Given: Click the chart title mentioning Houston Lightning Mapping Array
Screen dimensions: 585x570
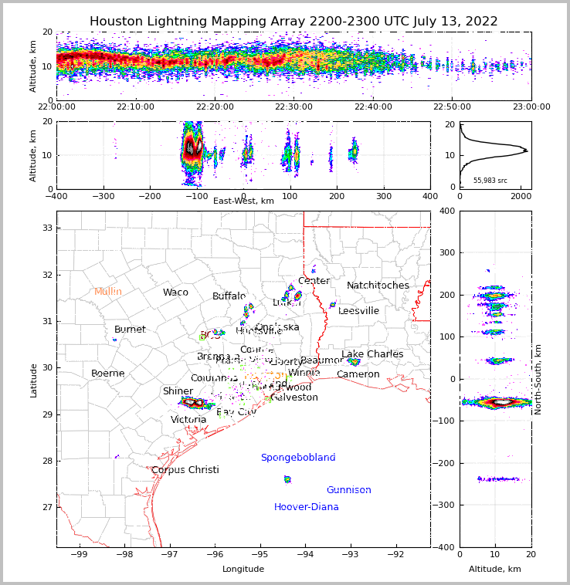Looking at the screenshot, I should (x=293, y=22).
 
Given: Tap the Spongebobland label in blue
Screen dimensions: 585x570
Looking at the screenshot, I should (x=298, y=458).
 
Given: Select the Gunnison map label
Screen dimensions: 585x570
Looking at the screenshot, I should (x=348, y=490).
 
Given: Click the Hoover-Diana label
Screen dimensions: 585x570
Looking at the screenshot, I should (x=307, y=507).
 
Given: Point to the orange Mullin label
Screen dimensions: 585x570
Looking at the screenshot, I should (x=108, y=292).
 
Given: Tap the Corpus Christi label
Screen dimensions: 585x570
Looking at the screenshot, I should (x=185, y=470).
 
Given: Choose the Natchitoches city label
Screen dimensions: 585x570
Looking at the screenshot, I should (x=378, y=286).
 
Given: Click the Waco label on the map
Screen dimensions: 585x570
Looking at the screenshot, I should (x=175, y=292).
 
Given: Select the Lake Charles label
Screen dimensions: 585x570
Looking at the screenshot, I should (x=372, y=354).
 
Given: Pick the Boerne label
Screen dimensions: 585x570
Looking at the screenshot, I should (x=108, y=374).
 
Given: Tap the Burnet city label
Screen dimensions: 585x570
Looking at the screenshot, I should (x=130, y=330).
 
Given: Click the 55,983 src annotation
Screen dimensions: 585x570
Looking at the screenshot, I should (x=490, y=181).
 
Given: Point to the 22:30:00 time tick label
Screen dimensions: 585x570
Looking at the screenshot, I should (x=293, y=107).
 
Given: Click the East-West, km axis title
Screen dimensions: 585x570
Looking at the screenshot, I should (x=243, y=201).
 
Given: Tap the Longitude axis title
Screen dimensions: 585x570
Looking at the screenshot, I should (x=243, y=569).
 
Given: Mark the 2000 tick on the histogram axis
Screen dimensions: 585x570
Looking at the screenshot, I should (x=521, y=195).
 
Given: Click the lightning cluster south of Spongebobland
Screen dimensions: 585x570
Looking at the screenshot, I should (x=287, y=479).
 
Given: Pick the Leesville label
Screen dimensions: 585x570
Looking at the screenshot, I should (x=359, y=311).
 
